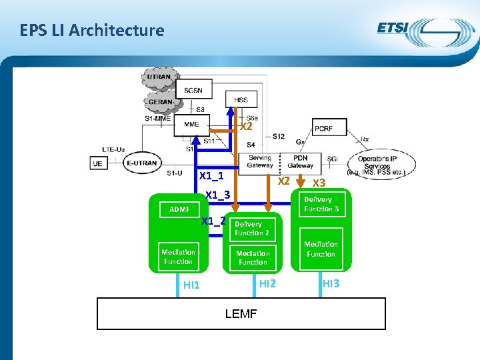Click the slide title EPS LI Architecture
[92, 30]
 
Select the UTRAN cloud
[159, 77]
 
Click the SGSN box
[194, 89]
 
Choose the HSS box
[241, 100]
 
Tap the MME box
[191, 125]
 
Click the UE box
[97, 163]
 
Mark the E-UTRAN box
[141, 163]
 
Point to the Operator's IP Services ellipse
[382, 163]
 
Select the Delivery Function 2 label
[252, 229]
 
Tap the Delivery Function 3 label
[321, 204]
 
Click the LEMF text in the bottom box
[241, 313]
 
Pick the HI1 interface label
[191, 285]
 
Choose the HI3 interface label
[331, 284]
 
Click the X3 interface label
[319, 183]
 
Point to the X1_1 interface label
[211, 176]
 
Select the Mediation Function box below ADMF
[178, 257]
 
